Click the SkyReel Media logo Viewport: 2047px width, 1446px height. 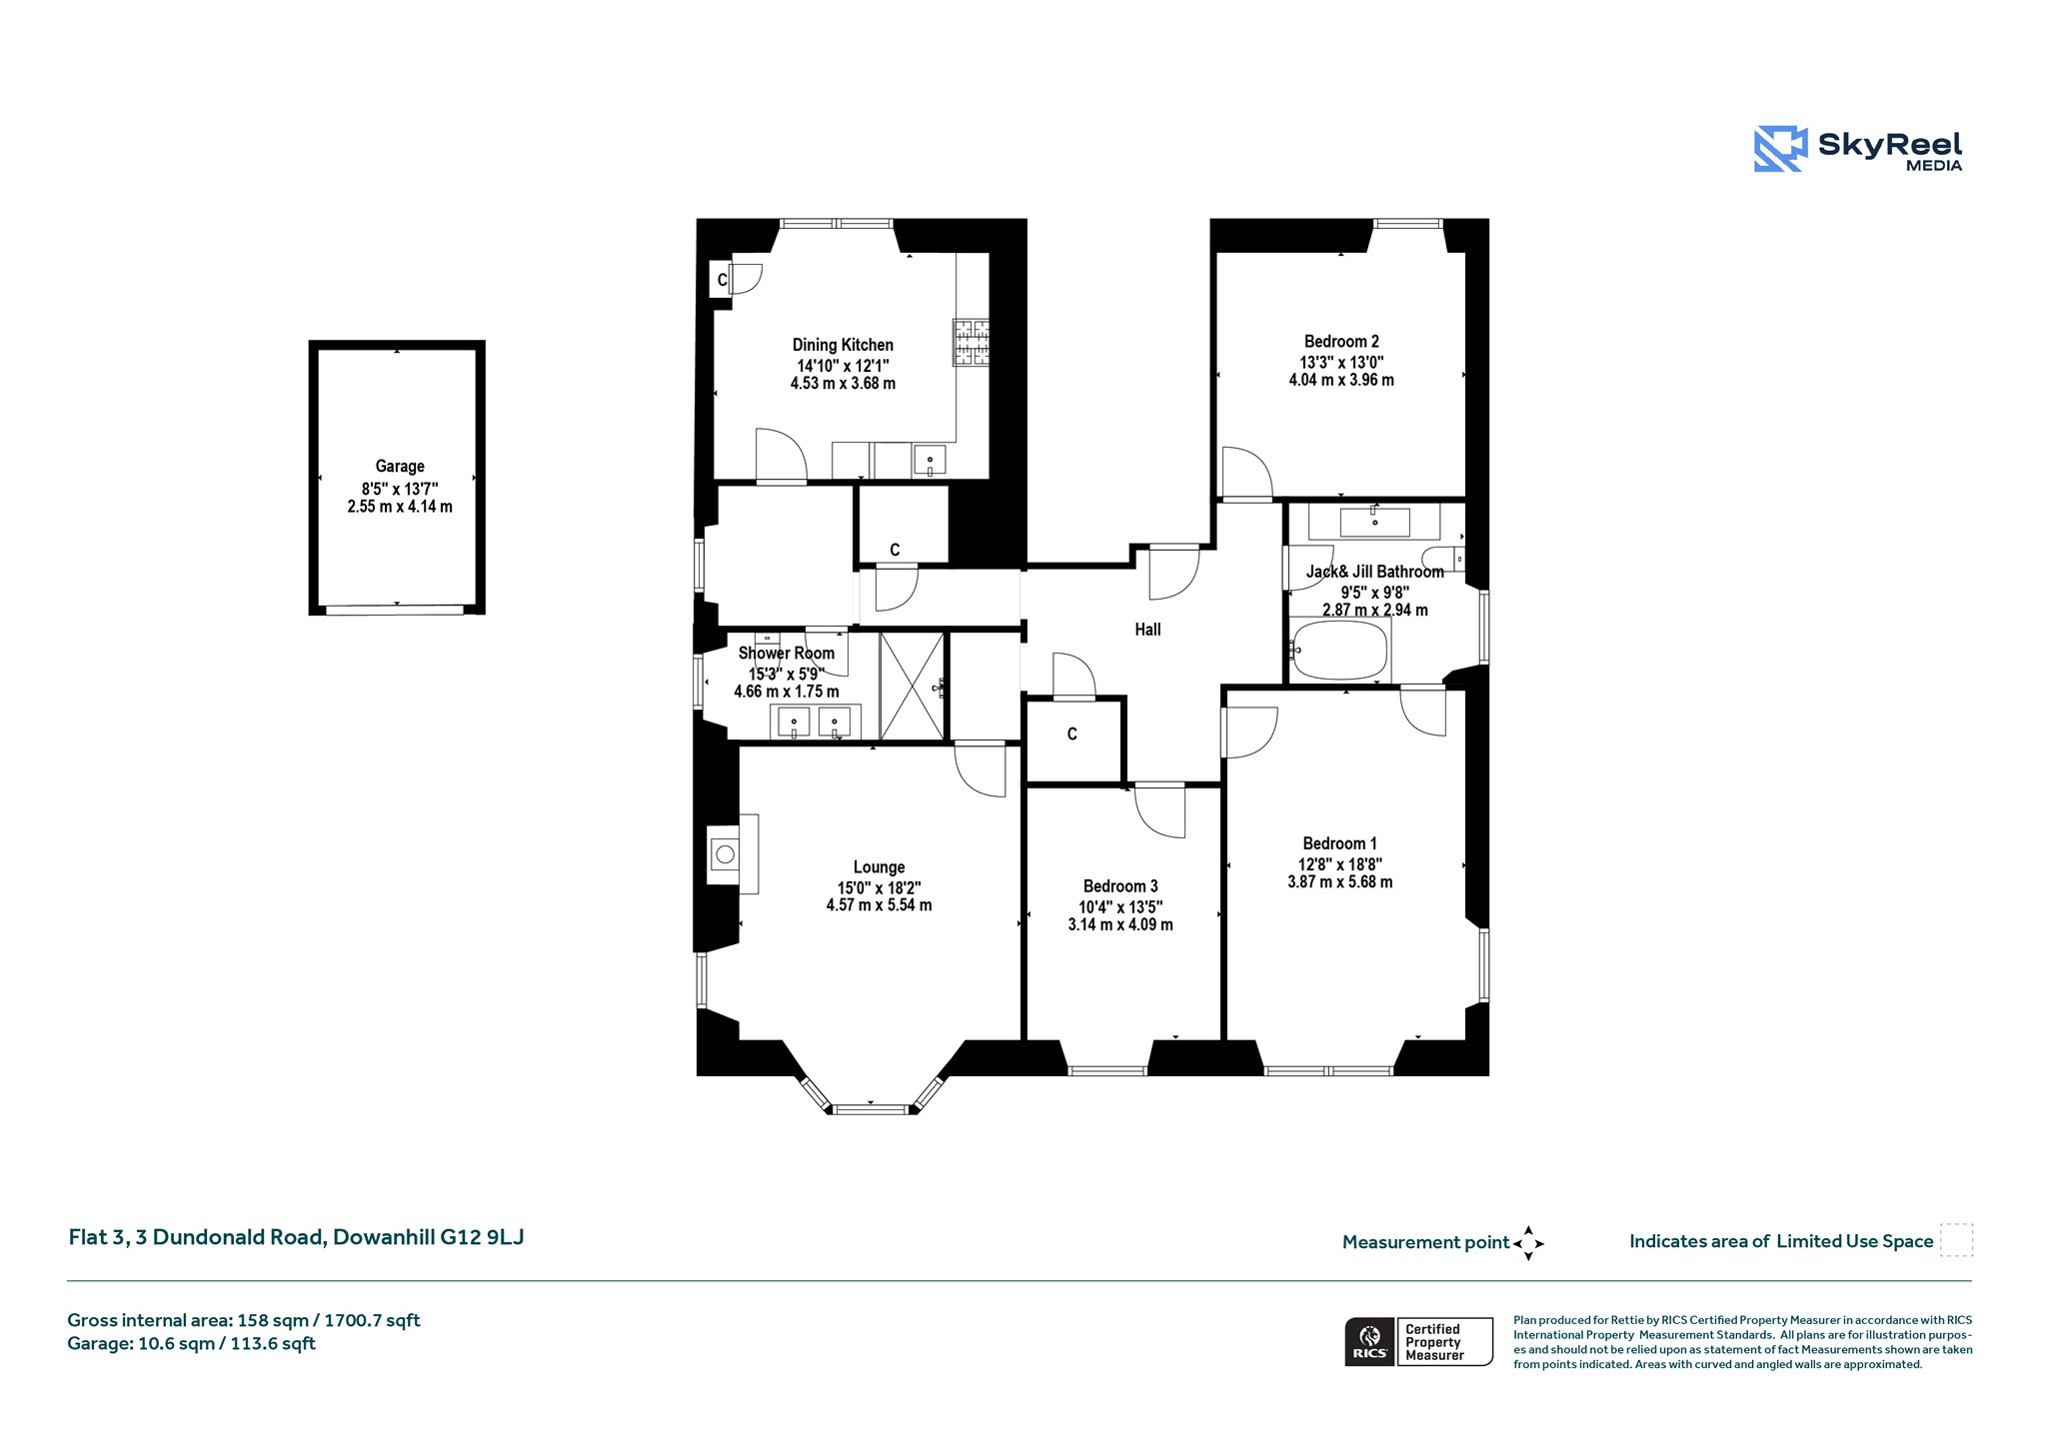[x=1858, y=149]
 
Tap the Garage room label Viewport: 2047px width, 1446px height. [x=400, y=466]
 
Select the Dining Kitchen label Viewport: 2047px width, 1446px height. [x=843, y=345]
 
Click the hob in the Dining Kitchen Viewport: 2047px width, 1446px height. [x=971, y=343]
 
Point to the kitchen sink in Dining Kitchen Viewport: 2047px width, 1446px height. [x=930, y=461]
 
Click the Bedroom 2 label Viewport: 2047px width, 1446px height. [x=1341, y=342]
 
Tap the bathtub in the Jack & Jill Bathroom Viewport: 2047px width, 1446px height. [x=1339, y=650]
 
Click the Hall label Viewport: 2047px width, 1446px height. [x=1147, y=630]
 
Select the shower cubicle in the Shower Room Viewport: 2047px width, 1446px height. [x=912, y=686]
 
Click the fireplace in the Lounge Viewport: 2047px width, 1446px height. [x=732, y=853]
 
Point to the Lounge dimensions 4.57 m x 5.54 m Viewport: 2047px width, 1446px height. [x=879, y=905]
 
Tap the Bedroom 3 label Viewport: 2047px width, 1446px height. [x=1120, y=886]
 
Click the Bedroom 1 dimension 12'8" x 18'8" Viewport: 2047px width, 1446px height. [x=1340, y=864]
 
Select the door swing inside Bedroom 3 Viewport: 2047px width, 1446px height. [x=1160, y=810]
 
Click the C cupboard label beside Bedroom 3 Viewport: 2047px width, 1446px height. [x=1072, y=734]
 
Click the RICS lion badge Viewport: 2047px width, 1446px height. [x=1370, y=1341]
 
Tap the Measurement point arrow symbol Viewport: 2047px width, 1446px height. [x=1528, y=1243]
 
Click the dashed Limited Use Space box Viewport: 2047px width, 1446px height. [x=1956, y=1240]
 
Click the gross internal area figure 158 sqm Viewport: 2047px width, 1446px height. [x=273, y=1321]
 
